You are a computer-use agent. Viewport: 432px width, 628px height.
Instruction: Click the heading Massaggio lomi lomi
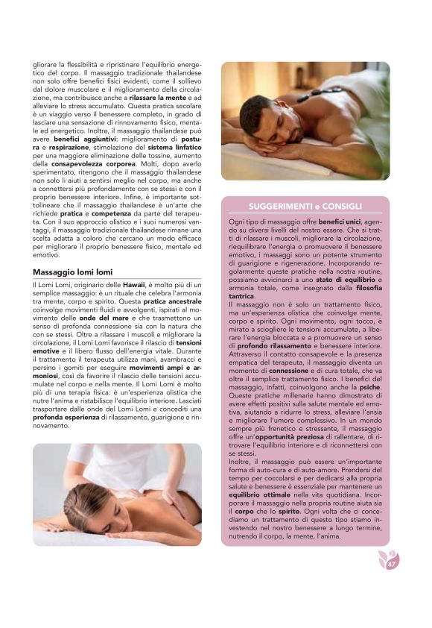tap(73, 272)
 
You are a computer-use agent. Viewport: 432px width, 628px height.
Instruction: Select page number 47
tap(391, 564)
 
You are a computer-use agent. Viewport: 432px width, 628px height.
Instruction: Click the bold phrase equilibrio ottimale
tap(258, 495)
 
